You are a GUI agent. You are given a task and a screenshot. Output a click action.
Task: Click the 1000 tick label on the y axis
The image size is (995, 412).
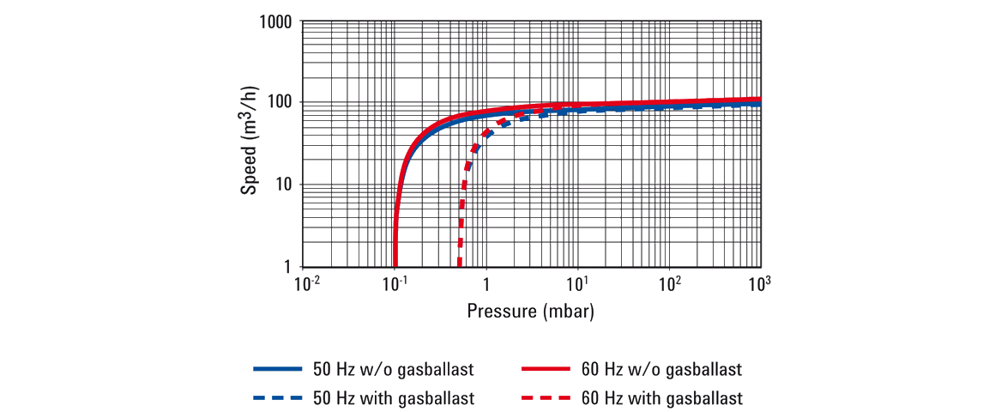click(277, 22)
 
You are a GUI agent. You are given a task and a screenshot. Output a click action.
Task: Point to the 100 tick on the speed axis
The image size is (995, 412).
click(281, 103)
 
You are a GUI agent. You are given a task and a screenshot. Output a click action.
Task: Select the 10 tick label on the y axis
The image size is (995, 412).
click(286, 185)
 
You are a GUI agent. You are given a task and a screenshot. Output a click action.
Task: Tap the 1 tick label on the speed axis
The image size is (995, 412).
click(290, 267)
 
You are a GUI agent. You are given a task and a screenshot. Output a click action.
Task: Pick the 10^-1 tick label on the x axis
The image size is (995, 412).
click(395, 283)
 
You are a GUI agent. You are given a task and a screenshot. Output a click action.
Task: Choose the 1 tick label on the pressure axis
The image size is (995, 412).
click(486, 284)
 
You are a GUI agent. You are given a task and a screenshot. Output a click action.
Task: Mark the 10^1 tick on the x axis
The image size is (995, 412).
click(577, 283)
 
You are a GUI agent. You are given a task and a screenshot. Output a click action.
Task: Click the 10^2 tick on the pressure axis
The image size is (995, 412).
click(669, 283)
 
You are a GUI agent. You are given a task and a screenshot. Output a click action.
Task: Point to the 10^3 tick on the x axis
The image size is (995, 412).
click(759, 283)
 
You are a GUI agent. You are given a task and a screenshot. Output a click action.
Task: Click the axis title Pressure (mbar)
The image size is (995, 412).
click(530, 310)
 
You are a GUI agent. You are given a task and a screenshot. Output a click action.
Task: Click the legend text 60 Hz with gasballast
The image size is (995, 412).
click(661, 397)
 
